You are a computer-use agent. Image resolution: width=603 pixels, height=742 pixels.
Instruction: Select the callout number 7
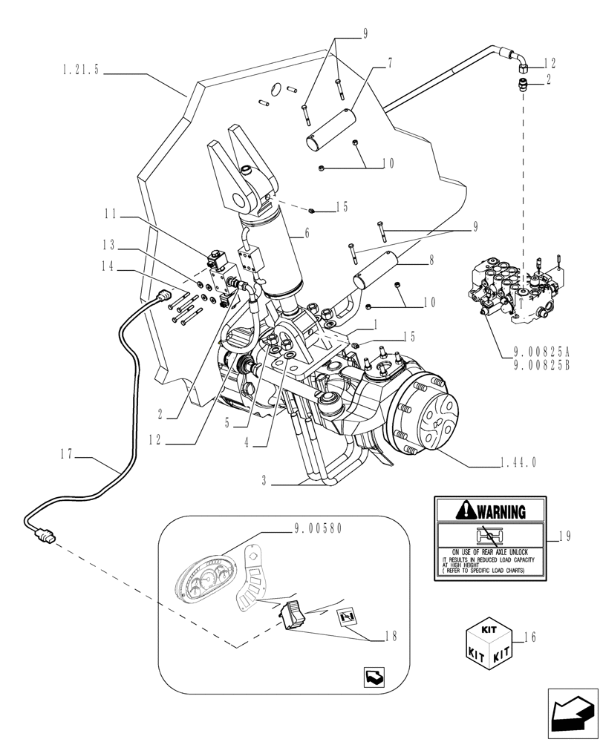(x=388, y=65)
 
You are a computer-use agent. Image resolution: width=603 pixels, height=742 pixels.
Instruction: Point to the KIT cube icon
(x=486, y=643)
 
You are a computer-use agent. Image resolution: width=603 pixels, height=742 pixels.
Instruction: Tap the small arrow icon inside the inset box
(x=374, y=677)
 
